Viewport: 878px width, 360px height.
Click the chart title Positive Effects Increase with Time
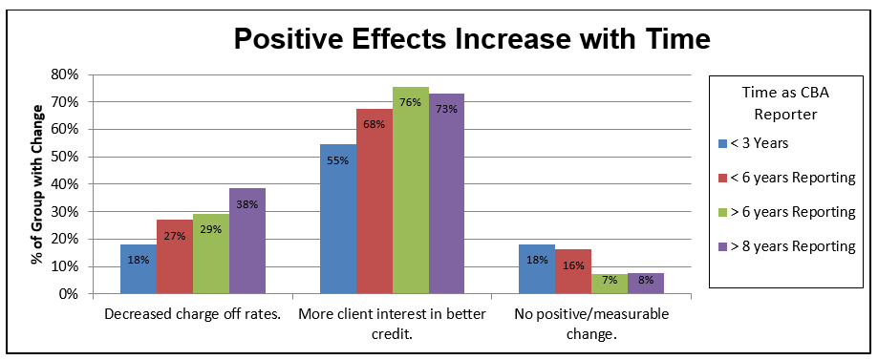tap(473, 39)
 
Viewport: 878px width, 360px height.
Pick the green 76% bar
tap(411, 191)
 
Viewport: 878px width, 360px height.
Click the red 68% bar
tap(375, 201)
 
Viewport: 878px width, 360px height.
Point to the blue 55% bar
tap(338, 219)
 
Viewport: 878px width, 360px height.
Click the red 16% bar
tap(573, 272)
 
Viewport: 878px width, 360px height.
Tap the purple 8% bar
tap(645, 284)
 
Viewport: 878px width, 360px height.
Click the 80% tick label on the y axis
tap(63, 74)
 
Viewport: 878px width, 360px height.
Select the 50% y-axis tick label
tap(63, 157)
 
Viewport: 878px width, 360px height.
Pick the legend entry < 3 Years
tap(761, 144)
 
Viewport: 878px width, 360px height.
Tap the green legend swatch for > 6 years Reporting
tap(722, 212)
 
